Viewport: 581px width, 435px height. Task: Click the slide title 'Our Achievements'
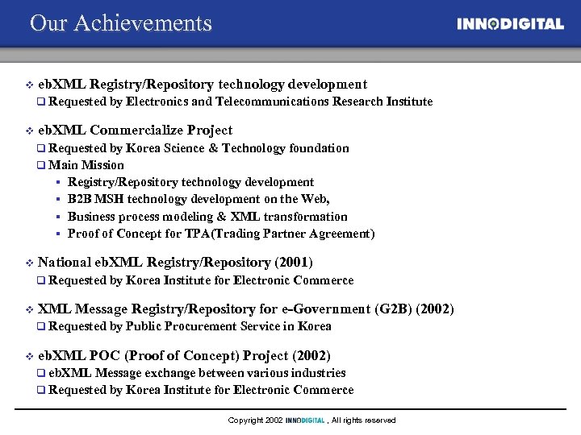click(121, 23)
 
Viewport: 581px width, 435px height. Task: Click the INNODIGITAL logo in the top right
click(510, 24)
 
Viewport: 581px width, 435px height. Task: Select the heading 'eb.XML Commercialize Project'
click(135, 130)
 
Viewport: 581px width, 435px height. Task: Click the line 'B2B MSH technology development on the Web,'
click(199, 199)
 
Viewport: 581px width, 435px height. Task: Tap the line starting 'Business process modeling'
click(207, 217)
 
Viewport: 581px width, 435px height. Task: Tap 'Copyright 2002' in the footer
click(255, 420)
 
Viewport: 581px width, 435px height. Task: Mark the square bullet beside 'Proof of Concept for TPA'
click(59, 234)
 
